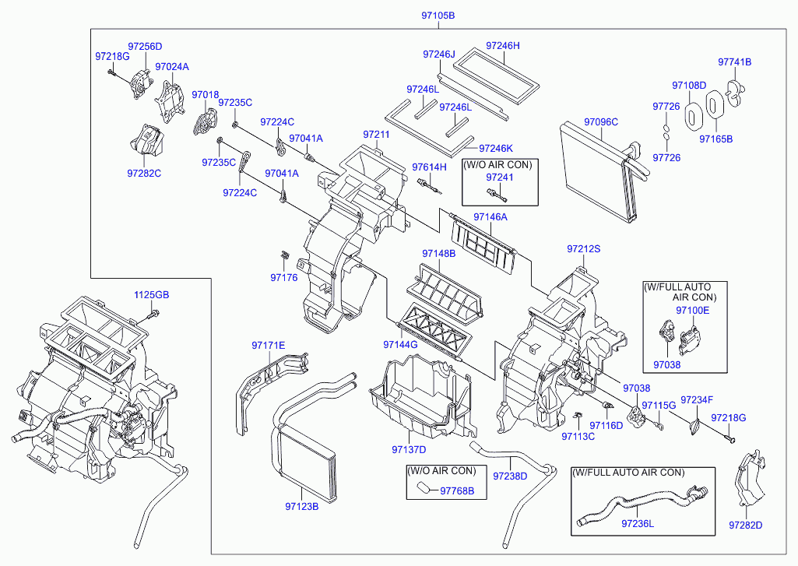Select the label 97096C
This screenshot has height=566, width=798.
(x=601, y=121)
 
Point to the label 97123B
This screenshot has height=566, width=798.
(x=302, y=506)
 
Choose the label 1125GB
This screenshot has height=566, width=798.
(x=151, y=295)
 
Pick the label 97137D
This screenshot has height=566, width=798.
(x=410, y=449)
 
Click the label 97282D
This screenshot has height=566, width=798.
(x=745, y=525)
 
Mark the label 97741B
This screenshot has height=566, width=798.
(x=734, y=62)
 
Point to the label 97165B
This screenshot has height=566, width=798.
(x=715, y=139)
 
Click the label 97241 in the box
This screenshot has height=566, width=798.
(x=499, y=177)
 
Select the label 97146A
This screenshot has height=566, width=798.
(x=490, y=216)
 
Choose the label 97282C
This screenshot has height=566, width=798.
(x=144, y=173)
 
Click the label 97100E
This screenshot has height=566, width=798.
(x=692, y=311)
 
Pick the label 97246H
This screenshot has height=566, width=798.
(x=503, y=46)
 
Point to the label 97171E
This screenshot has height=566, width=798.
(x=268, y=345)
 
